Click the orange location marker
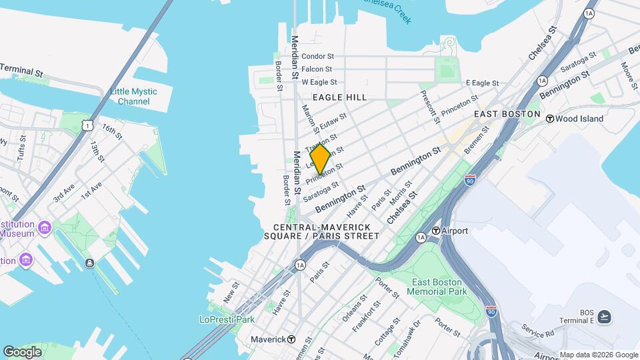click(320, 159)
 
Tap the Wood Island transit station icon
click(550, 119)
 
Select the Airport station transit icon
click(435, 231)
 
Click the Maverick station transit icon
click(291, 339)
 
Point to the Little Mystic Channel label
click(133, 97)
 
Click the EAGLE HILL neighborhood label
click(340, 97)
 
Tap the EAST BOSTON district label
click(507, 114)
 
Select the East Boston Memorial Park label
click(438, 287)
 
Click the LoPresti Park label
click(227, 319)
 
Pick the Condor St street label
click(317, 57)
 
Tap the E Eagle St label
click(482, 83)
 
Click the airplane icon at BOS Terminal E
click(604, 316)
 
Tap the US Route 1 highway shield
click(85, 125)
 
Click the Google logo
click(22, 351)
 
